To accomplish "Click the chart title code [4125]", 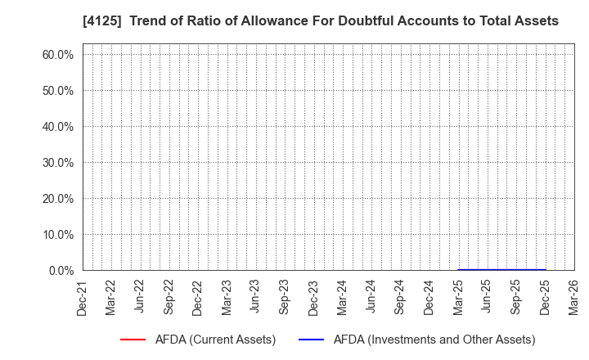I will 50,21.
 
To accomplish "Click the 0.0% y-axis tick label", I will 61,271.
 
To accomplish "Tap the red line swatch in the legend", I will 133,340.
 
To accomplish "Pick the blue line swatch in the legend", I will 312,340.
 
